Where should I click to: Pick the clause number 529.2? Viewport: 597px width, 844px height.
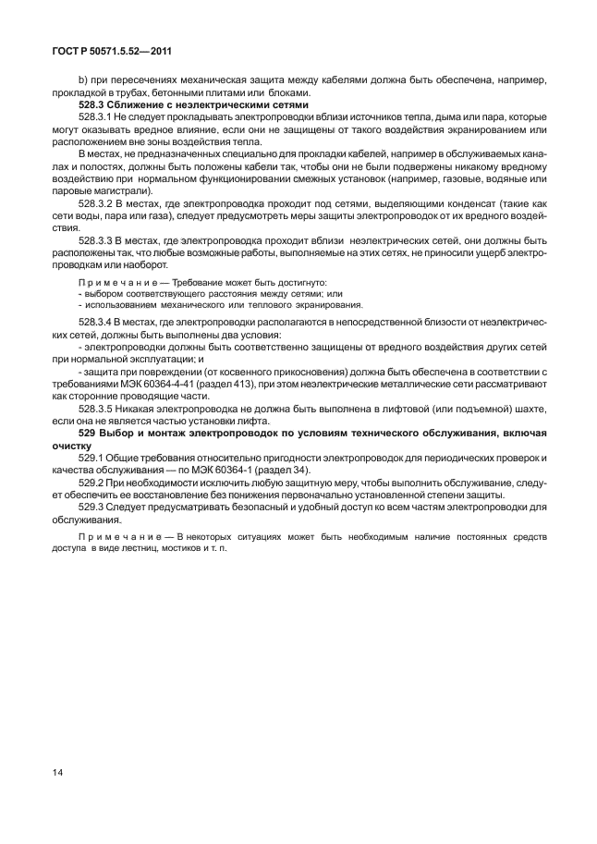[91, 482]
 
